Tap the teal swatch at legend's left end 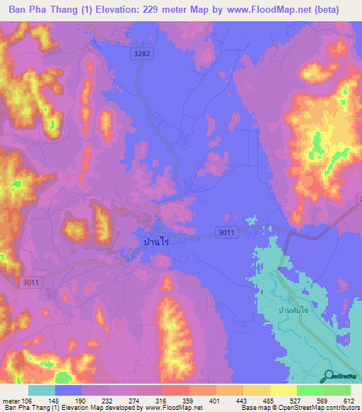pyautogui.click(x=42, y=390)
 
